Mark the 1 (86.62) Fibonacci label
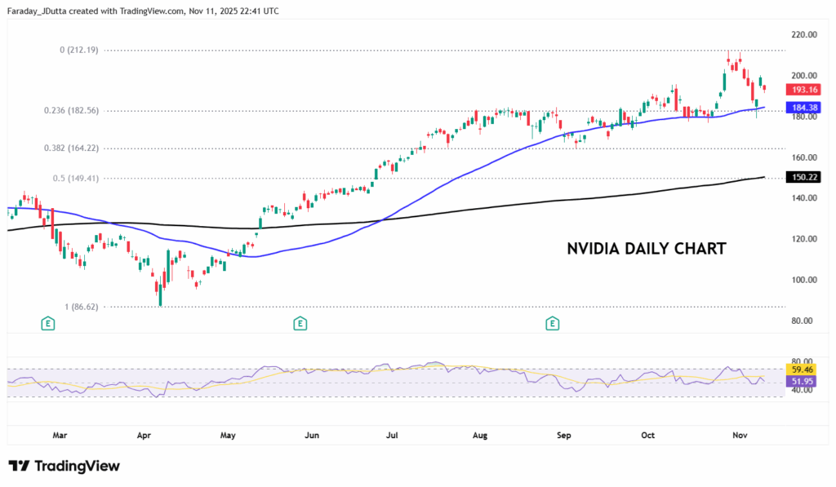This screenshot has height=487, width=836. coord(81,307)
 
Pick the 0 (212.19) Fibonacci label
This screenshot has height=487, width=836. coord(80,50)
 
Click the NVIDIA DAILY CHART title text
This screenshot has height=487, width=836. coord(646,249)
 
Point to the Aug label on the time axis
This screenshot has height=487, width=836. coord(479,435)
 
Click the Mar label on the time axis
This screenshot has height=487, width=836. coord(60,435)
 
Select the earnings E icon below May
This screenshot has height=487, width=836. coord(300,324)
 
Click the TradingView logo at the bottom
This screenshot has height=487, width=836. coord(64,466)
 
